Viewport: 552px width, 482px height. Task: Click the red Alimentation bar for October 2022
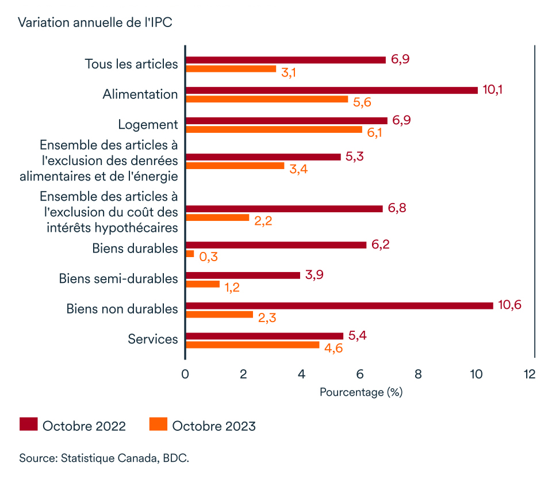(331, 90)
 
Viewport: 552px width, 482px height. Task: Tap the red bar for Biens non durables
(339, 305)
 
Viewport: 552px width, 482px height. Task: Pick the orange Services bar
(252, 345)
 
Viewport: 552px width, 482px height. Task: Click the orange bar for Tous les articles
(231, 69)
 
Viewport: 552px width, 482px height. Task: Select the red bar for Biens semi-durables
(243, 275)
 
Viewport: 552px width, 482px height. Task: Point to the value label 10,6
(509, 305)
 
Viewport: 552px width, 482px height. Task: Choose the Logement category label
(148, 124)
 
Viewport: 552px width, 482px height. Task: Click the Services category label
(153, 339)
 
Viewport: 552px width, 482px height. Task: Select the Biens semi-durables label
(118, 279)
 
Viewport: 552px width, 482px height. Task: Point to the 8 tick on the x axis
(418, 374)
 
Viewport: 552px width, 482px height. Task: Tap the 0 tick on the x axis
(185, 374)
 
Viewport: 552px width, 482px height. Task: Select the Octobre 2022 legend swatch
(29, 425)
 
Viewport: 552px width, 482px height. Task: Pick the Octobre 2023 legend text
(213, 426)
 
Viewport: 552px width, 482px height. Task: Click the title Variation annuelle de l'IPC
(95, 22)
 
